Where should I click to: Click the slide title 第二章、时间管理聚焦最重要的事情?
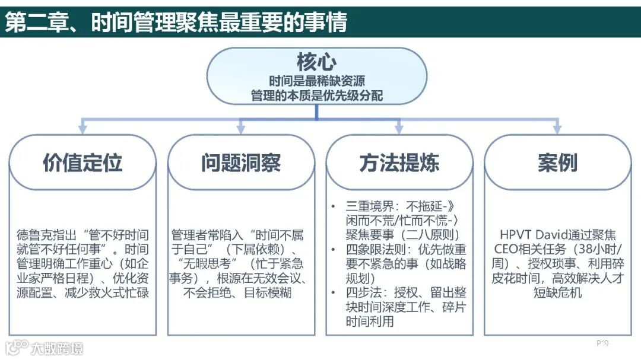[x=176, y=22]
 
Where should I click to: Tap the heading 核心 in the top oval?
[x=316, y=62]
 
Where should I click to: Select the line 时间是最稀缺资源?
[x=316, y=81]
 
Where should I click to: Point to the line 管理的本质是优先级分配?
[x=316, y=95]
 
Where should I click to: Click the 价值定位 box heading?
[x=82, y=163]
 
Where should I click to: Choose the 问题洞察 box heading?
[x=241, y=163]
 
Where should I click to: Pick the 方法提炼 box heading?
[x=399, y=163]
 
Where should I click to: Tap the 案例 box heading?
[x=557, y=163]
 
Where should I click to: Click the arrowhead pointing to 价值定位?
[x=82, y=128]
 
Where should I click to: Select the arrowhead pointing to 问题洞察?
[x=241, y=128]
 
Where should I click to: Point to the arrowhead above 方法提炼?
[x=399, y=128]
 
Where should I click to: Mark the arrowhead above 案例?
[x=557, y=128]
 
